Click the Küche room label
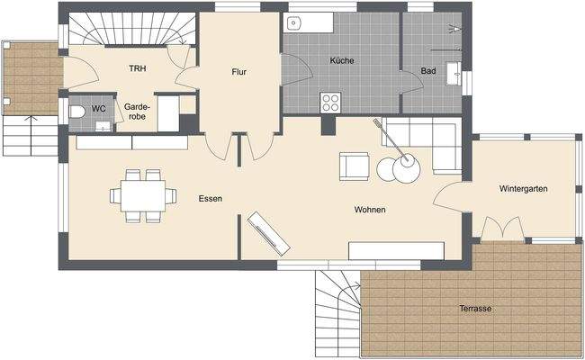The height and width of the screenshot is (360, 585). [x=342, y=61]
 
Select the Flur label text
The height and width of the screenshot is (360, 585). [x=238, y=73]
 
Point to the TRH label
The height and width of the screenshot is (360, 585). [x=138, y=68]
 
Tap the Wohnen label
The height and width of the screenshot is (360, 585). [x=370, y=210]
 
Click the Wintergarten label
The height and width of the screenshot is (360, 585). [x=524, y=189]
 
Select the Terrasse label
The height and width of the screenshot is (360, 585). [x=474, y=309]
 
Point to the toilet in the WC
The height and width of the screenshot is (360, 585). [x=77, y=112]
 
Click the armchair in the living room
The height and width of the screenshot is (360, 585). [x=354, y=166]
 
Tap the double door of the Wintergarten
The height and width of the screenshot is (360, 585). [x=502, y=229]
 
